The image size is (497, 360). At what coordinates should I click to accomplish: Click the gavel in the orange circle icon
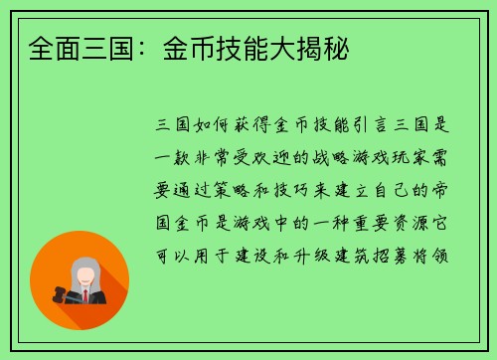[50, 294]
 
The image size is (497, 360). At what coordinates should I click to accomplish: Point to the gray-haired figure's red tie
[85, 294]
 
